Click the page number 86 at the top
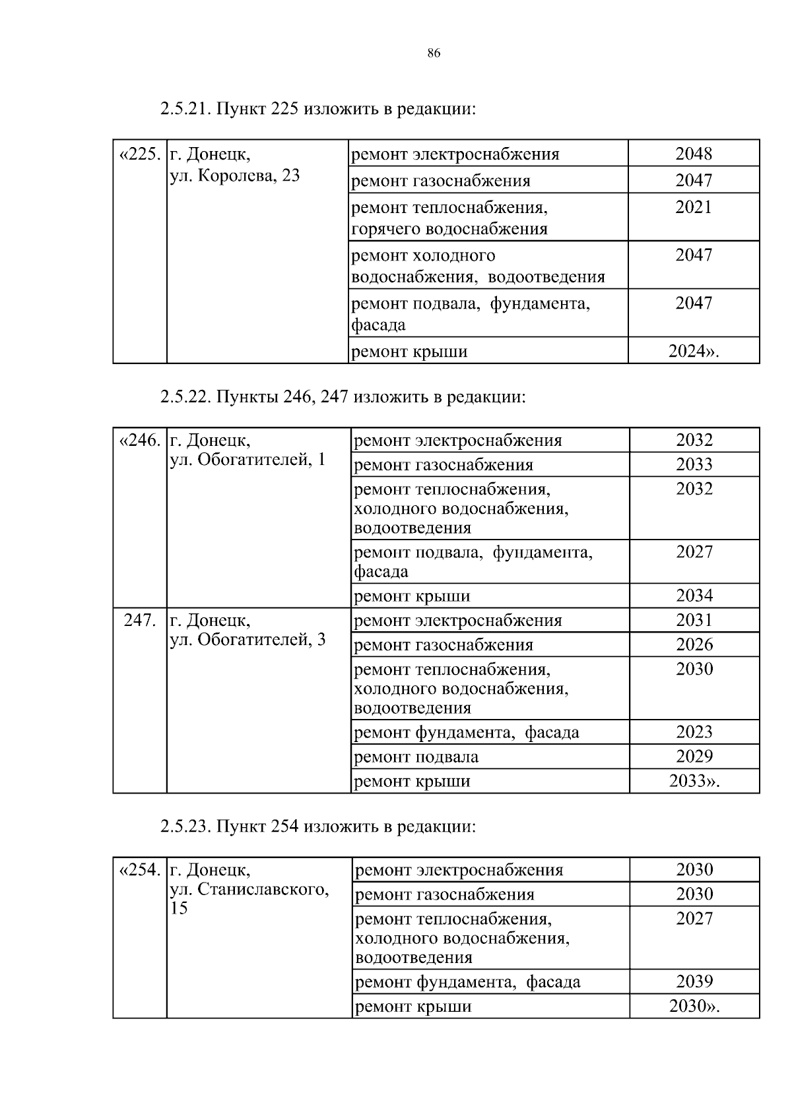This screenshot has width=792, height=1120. point(434,53)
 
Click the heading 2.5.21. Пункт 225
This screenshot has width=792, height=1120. point(317,109)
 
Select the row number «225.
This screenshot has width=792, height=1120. point(139,155)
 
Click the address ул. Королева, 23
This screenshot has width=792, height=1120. point(235,176)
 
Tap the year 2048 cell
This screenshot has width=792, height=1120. point(694,154)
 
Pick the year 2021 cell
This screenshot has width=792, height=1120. point(694,208)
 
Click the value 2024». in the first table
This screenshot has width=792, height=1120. point(694,351)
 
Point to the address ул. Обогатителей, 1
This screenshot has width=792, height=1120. point(248,460)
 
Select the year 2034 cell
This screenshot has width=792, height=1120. point(694,596)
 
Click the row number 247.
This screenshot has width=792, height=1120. point(140,621)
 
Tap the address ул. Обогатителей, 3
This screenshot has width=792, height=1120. point(248,640)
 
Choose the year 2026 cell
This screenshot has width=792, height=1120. point(694,645)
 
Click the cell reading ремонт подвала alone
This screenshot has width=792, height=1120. point(416,757)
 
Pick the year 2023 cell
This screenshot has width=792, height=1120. point(694,732)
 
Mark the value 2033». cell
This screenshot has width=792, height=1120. point(694,782)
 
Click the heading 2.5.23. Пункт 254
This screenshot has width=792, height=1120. point(317,826)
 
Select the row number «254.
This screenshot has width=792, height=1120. point(139,870)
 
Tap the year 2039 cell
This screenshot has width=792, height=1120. point(694,981)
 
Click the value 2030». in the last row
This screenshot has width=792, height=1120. point(694,1007)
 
